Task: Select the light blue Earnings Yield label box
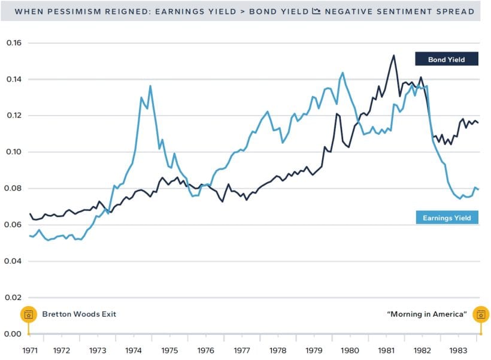point(447,217)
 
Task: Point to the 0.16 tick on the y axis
point(13,43)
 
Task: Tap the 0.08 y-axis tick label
point(13,188)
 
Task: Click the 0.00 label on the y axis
point(13,334)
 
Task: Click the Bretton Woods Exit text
point(78,314)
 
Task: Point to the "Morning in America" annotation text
point(427,314)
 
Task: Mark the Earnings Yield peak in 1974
point(150,86)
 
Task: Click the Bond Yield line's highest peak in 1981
point(394,55)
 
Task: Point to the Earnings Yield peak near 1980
point(343,72)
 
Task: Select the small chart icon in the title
point(317,11)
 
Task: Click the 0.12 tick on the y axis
point(13,116)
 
